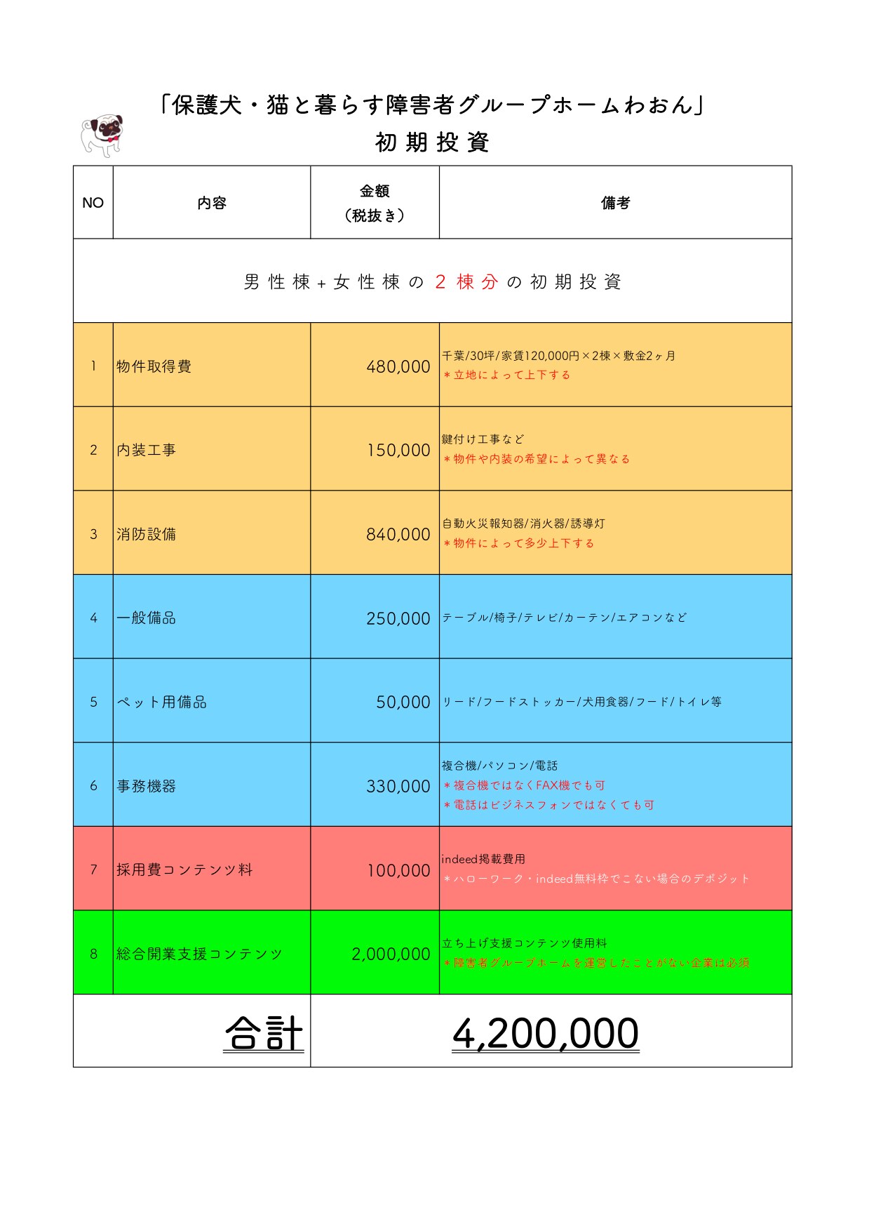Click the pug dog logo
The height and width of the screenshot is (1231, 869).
102,135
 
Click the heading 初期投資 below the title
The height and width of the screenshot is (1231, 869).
432,142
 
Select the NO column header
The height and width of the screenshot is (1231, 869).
93,203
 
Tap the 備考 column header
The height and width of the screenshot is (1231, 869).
615,203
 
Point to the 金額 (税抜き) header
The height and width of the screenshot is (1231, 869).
375,203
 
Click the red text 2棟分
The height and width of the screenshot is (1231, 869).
466,282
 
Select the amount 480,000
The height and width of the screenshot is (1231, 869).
398,366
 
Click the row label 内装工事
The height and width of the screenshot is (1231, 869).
146,450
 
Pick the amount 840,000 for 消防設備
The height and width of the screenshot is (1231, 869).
398,534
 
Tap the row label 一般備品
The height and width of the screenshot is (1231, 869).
146,618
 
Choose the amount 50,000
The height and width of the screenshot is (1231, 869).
403,702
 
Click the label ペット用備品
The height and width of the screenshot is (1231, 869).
161,702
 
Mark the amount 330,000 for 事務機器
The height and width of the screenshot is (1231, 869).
398,786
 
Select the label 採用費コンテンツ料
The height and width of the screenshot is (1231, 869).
184,870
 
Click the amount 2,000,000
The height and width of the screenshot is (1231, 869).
391,954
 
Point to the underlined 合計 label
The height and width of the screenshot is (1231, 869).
264,1033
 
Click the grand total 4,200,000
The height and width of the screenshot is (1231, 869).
545,1033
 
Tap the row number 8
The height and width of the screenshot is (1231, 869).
93,954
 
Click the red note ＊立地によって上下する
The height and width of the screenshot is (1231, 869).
506,375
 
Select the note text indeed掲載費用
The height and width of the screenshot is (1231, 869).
483,859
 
